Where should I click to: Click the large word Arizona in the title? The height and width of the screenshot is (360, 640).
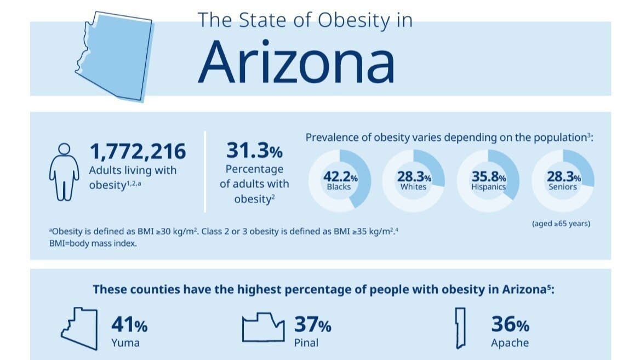[x=296, y=61]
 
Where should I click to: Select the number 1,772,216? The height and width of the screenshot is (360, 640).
[x=138, y=152]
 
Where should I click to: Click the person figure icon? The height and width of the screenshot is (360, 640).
[x=64, y=172]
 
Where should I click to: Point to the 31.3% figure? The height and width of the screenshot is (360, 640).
[x=254, y=150]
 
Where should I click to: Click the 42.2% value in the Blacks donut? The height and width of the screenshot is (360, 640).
[x=340, y=177]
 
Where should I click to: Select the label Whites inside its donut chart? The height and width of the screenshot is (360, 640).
[x=413, y=187]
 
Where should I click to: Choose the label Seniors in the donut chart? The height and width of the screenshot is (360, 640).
[x=562, y=187]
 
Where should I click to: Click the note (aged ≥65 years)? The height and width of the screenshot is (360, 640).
[x=561, y=224]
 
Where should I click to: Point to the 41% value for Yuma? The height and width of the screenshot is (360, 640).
[x=129, y=325]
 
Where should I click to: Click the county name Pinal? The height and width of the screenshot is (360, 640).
[x=306, y=344]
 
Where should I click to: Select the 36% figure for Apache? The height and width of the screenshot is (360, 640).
[x=510, y=325]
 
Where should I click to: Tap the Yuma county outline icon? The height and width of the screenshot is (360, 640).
[x=79, y=329]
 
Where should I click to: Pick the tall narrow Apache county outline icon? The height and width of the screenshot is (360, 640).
[x=460, y=328]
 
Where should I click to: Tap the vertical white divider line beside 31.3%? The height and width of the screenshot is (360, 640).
[x=205, y=171]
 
